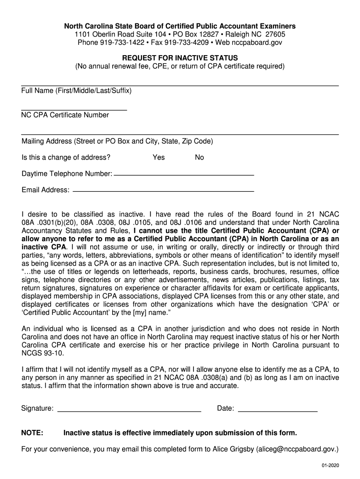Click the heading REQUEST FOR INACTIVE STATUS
pyautogui.click(x=180, y=58)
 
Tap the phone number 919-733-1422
pyautogui.click(x=119, y=43)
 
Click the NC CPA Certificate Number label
pyautogui.click(x=65, y=115)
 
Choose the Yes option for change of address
pyautogui.click(x=158, y=157)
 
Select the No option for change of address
pyautogui.click(x=199, y=157)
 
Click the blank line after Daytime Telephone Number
pyautogui.click(x=184, y=175)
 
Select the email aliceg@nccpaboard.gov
pyautogui.click(x=297, y=450)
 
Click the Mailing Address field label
pyautogui.click(x=117, y=141)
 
